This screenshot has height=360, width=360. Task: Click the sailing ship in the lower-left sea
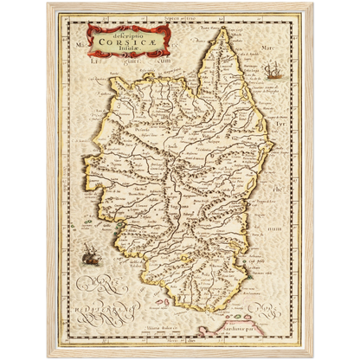coord(88,254)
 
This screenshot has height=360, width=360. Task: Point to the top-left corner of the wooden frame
coord(48,3)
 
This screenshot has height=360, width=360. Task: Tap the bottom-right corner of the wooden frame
coord(312,357)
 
